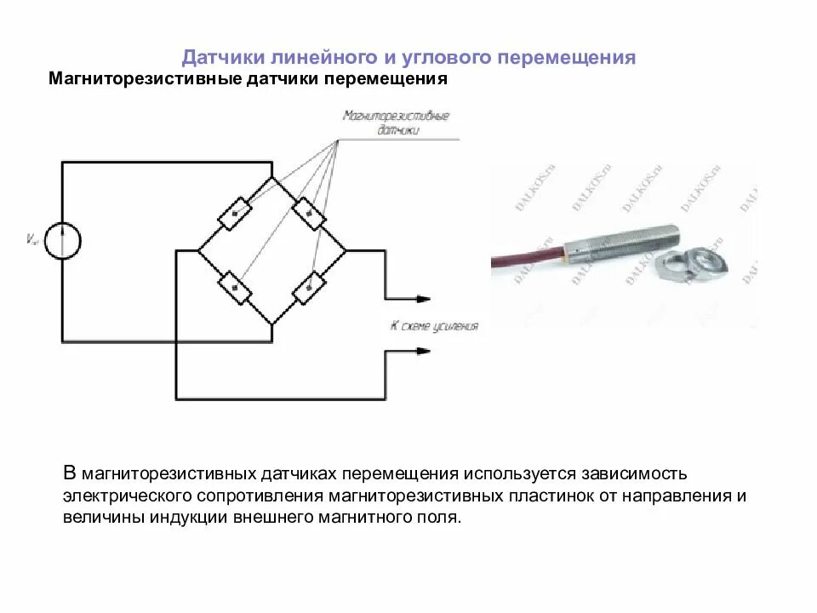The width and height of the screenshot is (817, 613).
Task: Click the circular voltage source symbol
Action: click(x=62, y=239)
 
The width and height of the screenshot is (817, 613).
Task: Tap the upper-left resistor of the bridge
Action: click(x=235, y=212)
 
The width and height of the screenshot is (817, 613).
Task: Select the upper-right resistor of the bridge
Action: click(x=309, y=212)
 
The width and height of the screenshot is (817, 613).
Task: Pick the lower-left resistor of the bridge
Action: click(x=235, y=288)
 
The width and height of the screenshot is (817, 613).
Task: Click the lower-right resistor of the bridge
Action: click(x=309, y=288)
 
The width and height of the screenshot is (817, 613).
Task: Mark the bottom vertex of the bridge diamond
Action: click(x=272, y=324)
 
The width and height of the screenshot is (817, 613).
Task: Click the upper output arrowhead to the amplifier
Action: click(x=423, y=299)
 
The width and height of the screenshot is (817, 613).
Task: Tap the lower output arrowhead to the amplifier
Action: click(x=423, y=351)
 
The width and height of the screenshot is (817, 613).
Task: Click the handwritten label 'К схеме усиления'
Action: click(x=434, y=326)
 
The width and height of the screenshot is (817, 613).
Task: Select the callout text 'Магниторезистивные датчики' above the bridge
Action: click(x=396, y=123)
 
